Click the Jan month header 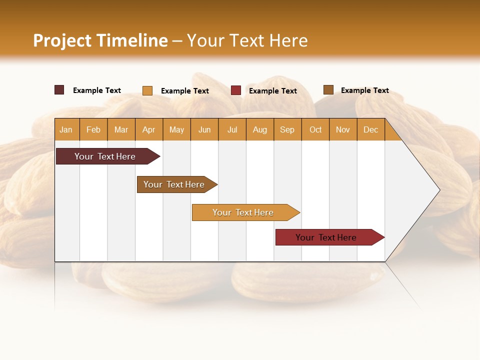click(x=66, y=129)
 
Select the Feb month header click(x=93, y=129)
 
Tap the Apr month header click(x=148, y=129)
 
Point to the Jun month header click(x=204, y=129)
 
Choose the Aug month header click(x=259, y=129)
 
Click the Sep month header click(x=287, y=129)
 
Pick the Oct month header click(x=315, y=129)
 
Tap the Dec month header click(x=370, y=129)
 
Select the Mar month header click(x=121, y=129)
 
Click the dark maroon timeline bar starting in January click(x=105, y=156)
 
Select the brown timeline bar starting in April click(x=174, y=184)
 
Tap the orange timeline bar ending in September click(x=243, y=212)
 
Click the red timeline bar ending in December click(x=326, y=237)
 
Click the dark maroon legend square click(x=59, y=90)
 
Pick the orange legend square click(x=147, y=90)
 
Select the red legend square click(x=236, y=90)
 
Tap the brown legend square click(x=328, y=90)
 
